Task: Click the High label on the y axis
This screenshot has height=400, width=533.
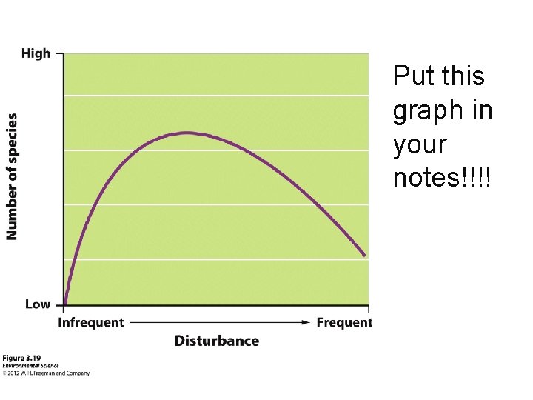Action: click(x=36, y=53)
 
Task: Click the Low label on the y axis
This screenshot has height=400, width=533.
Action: click(x=38, y=304)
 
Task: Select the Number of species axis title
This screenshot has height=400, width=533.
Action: click(x=13, y=176)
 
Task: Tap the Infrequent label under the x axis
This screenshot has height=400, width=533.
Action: click(x=91, y=322)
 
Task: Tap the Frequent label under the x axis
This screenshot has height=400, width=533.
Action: click(x=344, y=322)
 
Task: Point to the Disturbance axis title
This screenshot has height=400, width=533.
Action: click(x=217, y=341)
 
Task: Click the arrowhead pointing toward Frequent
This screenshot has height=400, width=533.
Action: click(x=306, y=322)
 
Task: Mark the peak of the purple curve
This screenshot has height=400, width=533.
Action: click(x=187, y=133)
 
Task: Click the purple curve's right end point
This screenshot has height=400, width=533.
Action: click(x=365, y=256)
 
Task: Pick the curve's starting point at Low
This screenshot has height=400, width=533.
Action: click(x=65, y=304)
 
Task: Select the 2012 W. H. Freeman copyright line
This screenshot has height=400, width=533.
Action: click(x=46, y=373)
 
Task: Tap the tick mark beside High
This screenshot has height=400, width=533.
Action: click(x=60, y=53)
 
